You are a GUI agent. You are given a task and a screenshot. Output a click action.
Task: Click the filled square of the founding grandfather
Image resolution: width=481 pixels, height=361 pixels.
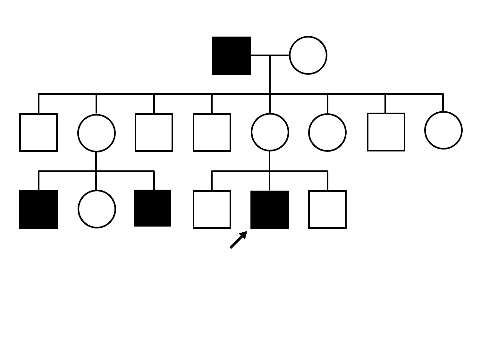coord(231,56)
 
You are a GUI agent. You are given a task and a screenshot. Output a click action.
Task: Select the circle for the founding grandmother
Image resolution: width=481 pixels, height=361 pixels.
coord(308,56)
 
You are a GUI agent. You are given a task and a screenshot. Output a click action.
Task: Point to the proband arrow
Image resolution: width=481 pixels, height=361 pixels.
coord(238,240)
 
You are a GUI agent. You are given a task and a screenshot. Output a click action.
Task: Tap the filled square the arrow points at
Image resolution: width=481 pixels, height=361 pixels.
coord(269,210)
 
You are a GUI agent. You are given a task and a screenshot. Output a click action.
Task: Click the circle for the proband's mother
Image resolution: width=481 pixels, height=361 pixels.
coord(270,132)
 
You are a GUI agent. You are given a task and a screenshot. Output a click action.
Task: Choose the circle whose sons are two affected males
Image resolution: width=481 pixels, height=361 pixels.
coord(96,133)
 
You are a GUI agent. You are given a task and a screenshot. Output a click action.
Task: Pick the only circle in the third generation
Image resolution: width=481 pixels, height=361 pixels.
coord(97,209)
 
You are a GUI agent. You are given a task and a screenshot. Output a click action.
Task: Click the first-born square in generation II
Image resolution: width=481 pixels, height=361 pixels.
coord(38,132)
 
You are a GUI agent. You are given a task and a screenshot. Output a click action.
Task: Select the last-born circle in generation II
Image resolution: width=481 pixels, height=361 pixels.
coord(443,130)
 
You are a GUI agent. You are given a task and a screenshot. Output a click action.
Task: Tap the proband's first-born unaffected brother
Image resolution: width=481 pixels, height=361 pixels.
coord(212,210)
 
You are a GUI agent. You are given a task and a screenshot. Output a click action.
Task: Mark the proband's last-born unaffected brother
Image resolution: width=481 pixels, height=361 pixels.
coord(327,210)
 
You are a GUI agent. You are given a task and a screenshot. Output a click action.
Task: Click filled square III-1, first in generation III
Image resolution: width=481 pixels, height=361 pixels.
coord(38,210)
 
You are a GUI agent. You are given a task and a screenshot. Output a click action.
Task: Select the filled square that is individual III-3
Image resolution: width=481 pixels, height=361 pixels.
coord(153,208)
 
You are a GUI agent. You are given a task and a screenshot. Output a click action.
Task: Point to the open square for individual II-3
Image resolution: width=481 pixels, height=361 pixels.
coord(154,132)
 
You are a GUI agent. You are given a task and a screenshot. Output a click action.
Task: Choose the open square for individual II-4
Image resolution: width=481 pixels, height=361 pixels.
coord(212,132)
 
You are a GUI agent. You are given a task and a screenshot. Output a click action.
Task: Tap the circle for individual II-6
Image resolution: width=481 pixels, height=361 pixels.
coord(327,132)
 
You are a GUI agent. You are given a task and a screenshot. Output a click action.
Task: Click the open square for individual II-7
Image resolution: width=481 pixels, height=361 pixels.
coord(386,132)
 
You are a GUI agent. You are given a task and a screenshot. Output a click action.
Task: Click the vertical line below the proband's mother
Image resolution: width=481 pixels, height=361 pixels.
coord(269,160)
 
